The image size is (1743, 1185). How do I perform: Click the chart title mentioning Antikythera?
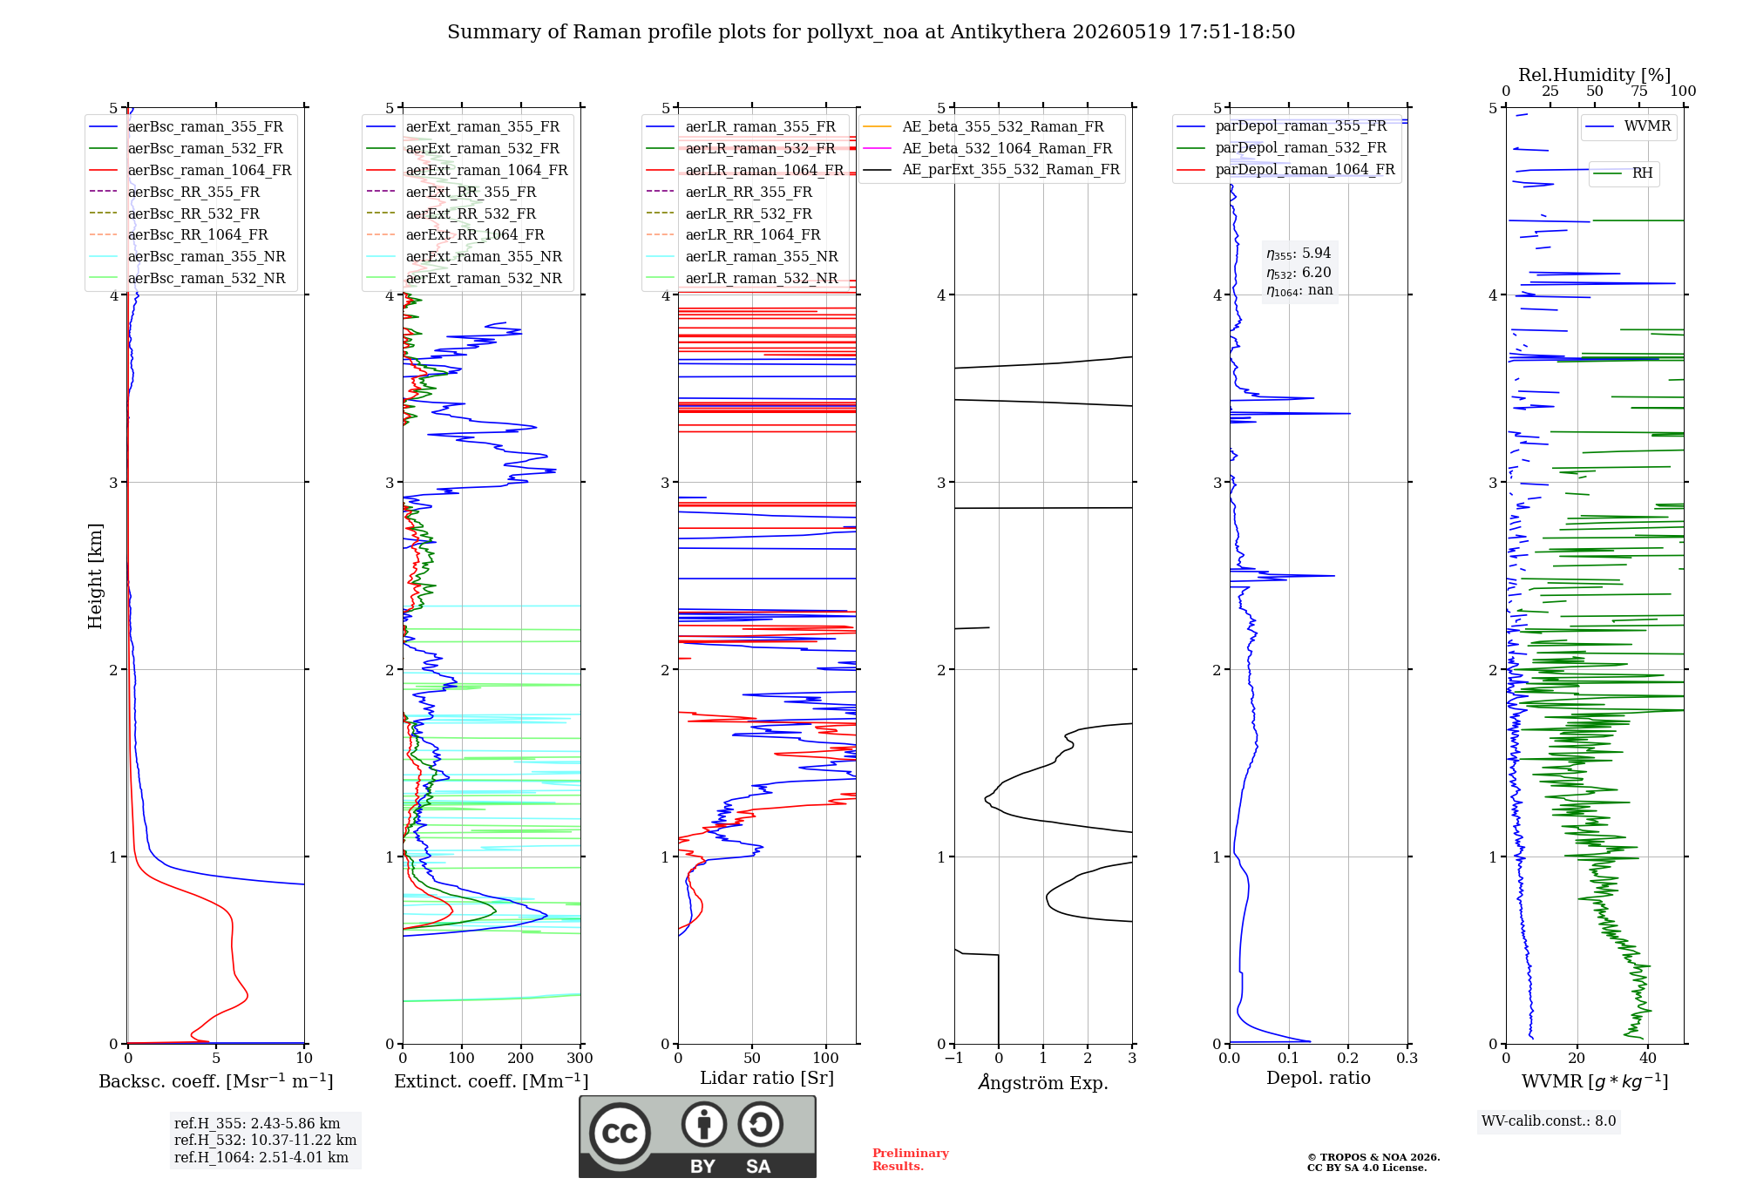[871, 32]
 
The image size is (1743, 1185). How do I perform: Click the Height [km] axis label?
[95, 576]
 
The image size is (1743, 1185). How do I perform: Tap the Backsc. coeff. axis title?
[216, 1081]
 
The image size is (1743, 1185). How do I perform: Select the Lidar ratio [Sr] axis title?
[767, 1079]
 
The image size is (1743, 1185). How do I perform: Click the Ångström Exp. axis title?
[1043, 1082]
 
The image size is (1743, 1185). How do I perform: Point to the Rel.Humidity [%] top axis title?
[1595, 75]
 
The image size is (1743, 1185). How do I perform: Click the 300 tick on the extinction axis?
[580, 1059]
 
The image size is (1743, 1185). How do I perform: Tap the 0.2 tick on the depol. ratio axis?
[1348, 1059]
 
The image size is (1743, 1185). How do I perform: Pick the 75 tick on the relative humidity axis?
[1639, 91]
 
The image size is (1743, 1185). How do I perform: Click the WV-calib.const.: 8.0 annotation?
[1549, 1121]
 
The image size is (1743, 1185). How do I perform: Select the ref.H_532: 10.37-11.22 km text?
[265, 1141]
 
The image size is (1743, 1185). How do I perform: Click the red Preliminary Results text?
[911, 1160]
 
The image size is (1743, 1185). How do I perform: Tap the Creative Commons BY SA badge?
[697, 1137]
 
